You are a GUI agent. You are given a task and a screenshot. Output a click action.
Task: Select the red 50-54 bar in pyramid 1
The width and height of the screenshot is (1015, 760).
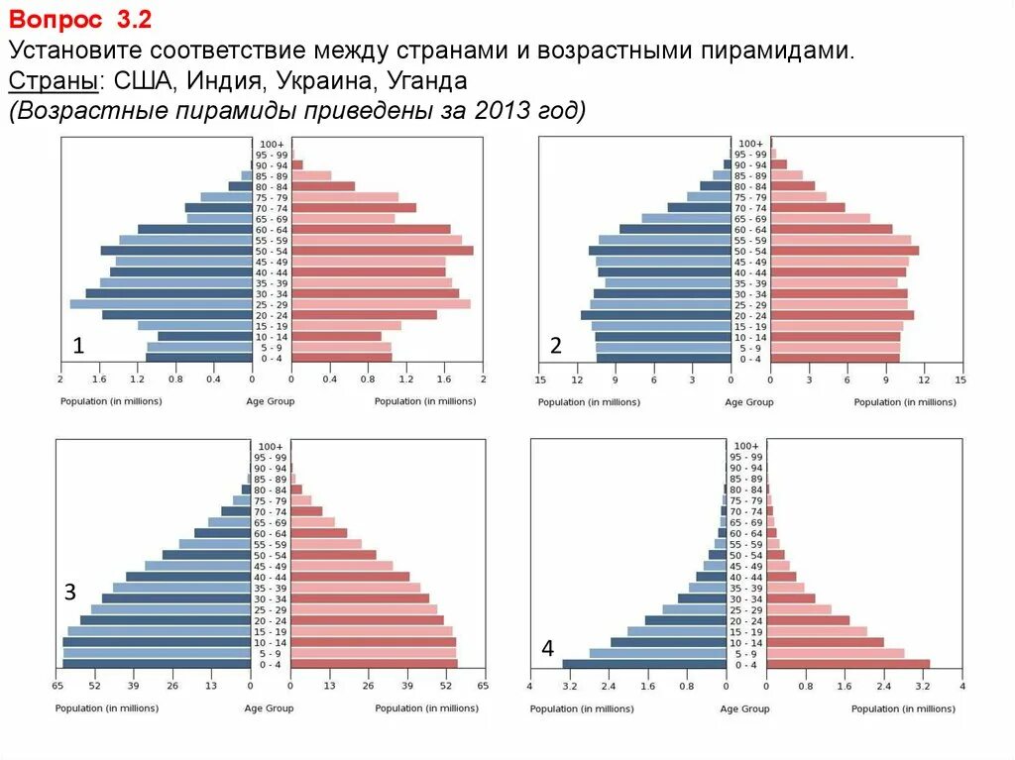[x=383, y=251]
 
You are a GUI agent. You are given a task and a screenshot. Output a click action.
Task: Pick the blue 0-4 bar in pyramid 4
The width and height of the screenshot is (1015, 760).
[x=645, y=664]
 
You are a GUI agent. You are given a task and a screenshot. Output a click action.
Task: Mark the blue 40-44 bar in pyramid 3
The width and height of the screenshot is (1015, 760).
[x=188, y=577]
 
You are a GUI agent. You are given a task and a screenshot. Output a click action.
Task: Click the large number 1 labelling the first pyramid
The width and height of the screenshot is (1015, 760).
[x=77, y=346]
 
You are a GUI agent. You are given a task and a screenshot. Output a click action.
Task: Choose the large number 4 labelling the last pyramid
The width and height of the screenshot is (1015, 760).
[x=547, y=649]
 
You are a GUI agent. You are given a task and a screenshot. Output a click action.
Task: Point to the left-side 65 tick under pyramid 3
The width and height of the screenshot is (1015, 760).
[x=57, y=686]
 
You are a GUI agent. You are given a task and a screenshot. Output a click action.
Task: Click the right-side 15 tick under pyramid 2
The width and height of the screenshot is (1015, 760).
[x=959, y=380]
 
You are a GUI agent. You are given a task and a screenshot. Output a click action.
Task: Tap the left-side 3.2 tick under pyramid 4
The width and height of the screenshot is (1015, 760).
[x=569, y=686]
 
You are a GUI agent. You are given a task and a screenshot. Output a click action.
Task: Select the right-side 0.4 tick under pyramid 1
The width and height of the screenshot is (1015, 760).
[x=330, y=380]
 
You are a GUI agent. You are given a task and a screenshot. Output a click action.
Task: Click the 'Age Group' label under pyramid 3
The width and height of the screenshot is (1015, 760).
[x=270, y=708]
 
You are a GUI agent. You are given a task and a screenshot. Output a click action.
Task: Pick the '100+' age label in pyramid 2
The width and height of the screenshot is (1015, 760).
[x=750, y=144]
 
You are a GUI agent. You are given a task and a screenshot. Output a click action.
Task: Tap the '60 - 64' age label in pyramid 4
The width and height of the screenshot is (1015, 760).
[x=745, y=533]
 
